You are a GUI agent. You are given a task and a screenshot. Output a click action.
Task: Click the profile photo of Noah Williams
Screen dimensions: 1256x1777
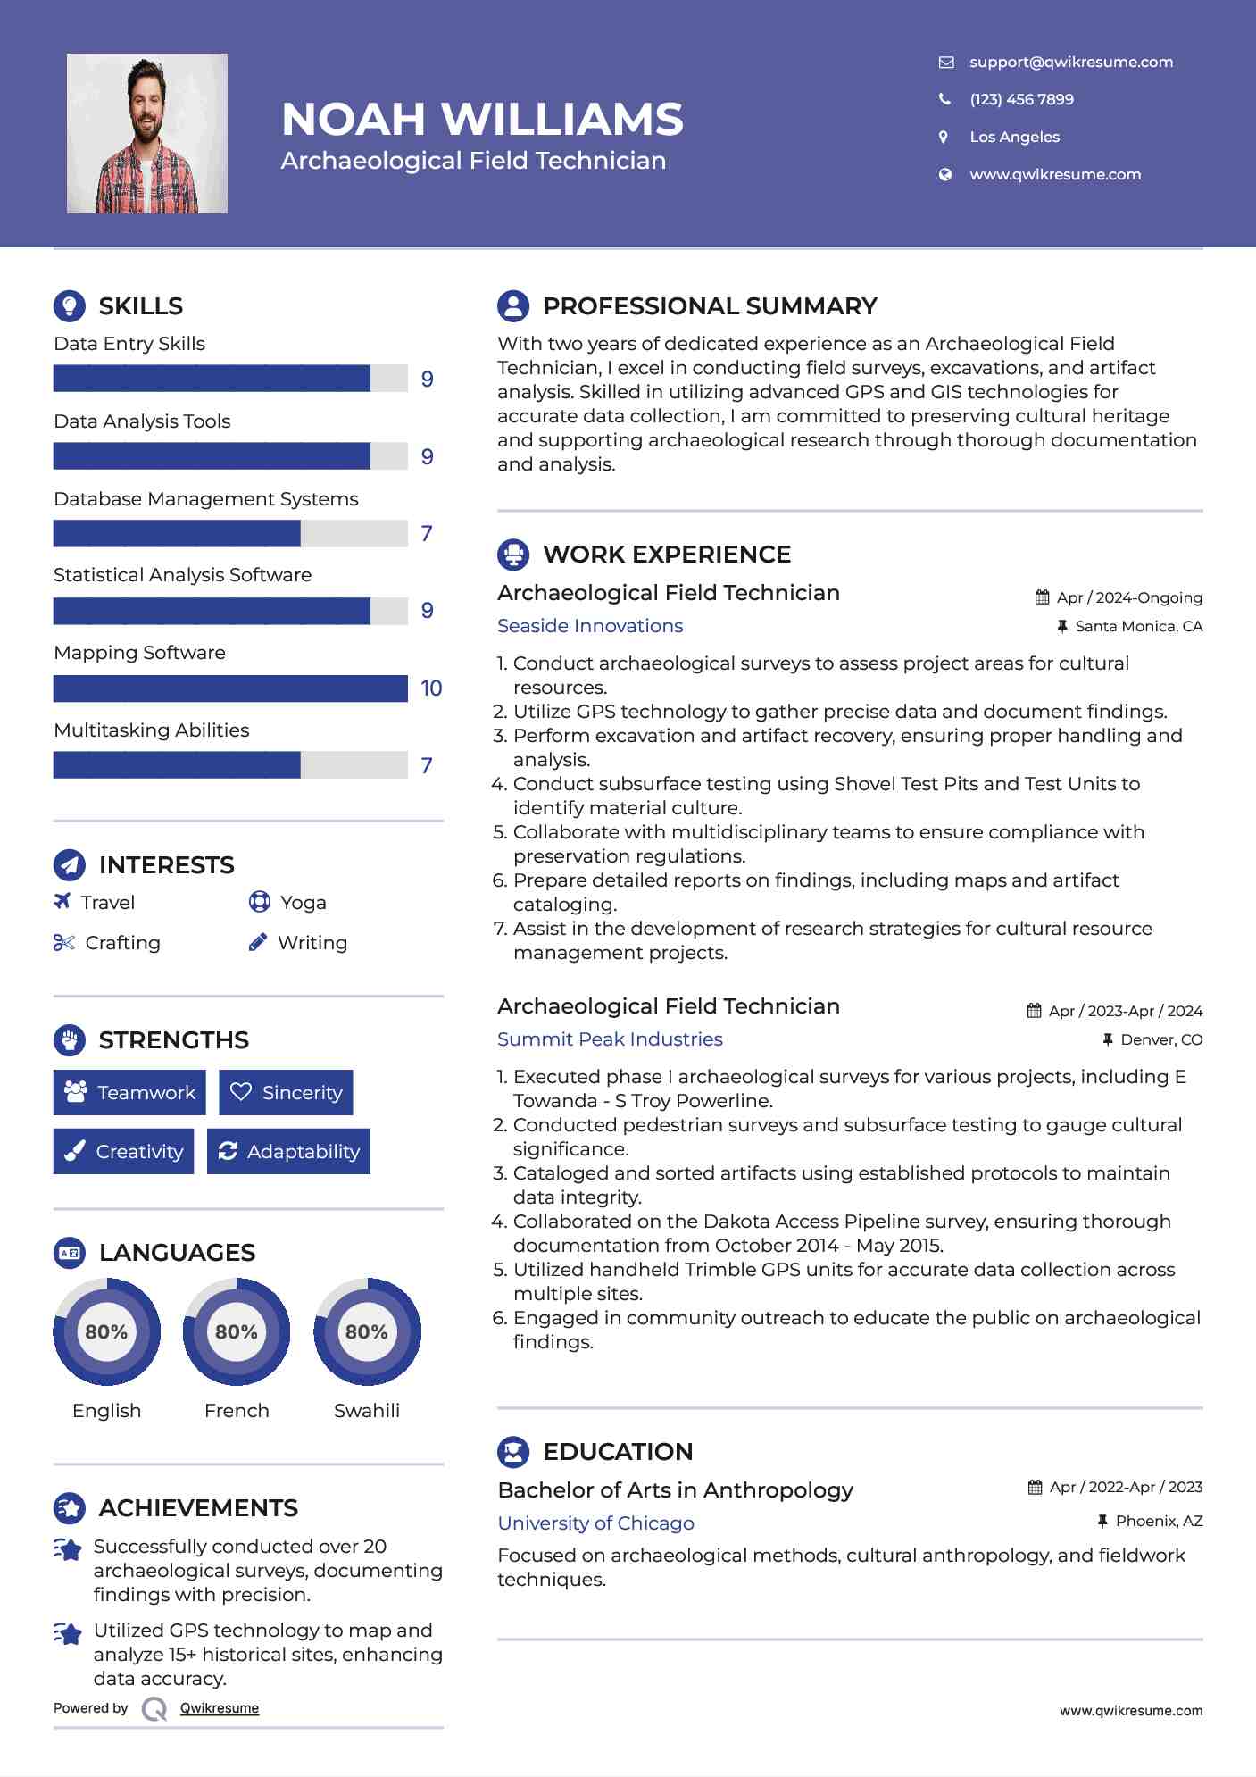coord(147,134)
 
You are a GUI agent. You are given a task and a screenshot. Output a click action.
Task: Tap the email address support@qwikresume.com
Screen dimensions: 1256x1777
coord(1070,62)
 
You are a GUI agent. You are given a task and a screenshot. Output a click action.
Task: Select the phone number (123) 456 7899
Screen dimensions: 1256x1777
coord(1021,99)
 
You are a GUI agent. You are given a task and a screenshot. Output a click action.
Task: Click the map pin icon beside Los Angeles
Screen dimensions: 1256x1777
coord(944,137)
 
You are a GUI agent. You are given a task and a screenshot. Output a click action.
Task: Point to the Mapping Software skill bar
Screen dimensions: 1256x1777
coord(230,688)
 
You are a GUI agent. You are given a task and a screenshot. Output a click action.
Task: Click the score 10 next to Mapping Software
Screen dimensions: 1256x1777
coord(431,688)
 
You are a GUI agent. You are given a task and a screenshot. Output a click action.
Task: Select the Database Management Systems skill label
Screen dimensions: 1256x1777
coord(206,499)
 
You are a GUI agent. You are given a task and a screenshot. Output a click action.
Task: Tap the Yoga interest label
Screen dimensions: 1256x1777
coord(303,903)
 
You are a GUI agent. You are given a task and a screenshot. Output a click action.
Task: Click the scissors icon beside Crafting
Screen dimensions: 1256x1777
coord(63,942)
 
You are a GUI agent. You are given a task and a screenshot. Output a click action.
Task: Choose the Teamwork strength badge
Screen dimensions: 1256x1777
coord(129,1092)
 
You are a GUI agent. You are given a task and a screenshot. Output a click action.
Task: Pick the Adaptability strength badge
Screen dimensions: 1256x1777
coord(288,1151)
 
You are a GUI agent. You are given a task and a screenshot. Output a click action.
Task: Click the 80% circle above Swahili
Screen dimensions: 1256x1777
coord(367,1332)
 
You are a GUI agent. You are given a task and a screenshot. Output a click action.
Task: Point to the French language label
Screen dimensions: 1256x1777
coord(237,1410)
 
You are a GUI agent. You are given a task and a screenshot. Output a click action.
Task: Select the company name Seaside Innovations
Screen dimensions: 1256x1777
coord(590,626)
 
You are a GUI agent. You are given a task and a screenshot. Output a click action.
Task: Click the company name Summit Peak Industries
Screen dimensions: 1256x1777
coord(610,1039)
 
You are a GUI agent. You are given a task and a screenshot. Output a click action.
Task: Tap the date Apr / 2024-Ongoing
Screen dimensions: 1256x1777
coord(1128,597)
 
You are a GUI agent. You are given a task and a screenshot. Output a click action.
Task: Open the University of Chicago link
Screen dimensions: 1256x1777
coord(595,1523)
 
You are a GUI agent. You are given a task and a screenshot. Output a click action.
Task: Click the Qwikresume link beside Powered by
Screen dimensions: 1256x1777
coord(220,1708)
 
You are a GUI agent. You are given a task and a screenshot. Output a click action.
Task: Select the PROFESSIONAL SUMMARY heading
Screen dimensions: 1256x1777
coord(710,306)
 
